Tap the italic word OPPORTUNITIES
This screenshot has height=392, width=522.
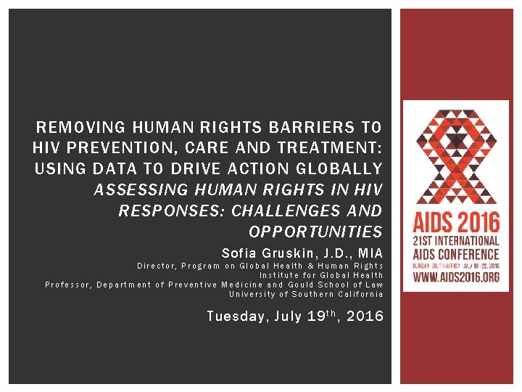tap(315, 232)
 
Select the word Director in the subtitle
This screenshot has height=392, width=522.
tap(155, 266)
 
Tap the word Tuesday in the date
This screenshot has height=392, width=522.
tap(233, 316)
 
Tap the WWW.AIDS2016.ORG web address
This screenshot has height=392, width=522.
tap(455, 276)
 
